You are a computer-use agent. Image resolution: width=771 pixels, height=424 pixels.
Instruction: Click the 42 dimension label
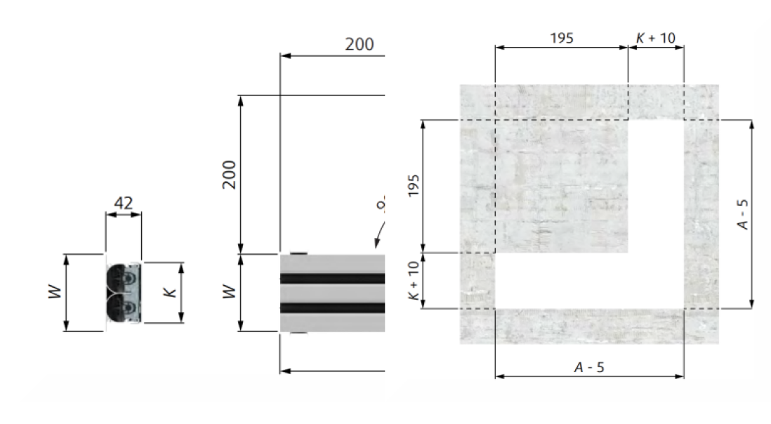[x=123, y=202]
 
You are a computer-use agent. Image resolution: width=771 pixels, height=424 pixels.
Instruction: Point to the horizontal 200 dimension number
[x=360, y=44]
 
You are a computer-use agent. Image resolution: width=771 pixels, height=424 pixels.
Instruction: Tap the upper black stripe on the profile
[x=332, y=279]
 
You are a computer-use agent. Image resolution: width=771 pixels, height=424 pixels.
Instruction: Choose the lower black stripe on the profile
[x=332, y=307]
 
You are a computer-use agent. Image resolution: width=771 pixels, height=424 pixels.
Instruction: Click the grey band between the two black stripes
[x=332, y=293]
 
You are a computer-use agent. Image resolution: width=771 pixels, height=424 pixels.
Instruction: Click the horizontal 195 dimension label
[x=561, y=38]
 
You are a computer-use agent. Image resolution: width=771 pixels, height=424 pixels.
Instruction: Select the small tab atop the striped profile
[x=298, y=253]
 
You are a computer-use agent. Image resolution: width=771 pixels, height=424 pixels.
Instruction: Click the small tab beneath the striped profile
[x=298, y=333]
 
